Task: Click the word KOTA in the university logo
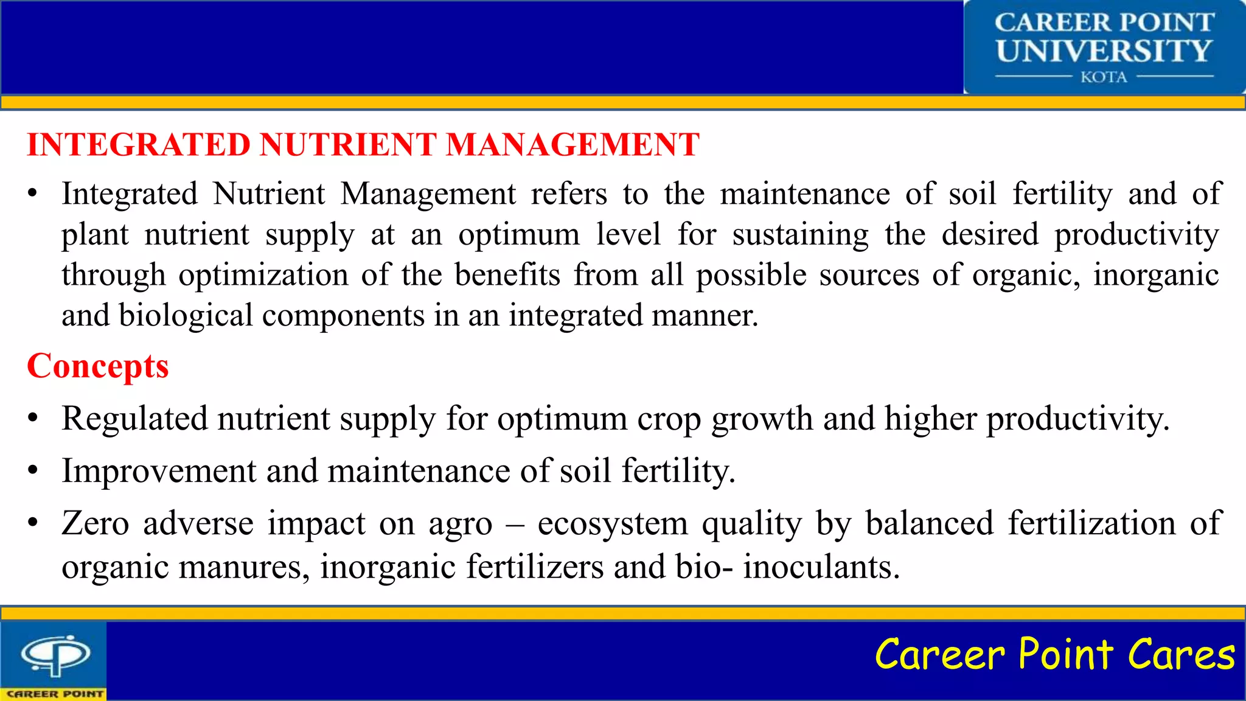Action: [1104, 77]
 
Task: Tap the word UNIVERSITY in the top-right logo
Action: [1104, 51]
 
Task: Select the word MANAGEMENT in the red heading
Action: [573, 145]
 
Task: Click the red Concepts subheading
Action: [98, 367]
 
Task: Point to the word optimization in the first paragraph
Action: [263, 275]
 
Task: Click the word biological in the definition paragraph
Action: [186, 316]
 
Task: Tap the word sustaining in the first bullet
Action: [800, 235]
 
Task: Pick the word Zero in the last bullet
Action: [96, 523]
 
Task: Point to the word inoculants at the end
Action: [821, 567]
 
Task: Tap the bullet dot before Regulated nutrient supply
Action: [33, 419]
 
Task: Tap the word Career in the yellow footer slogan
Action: [939, 655]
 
